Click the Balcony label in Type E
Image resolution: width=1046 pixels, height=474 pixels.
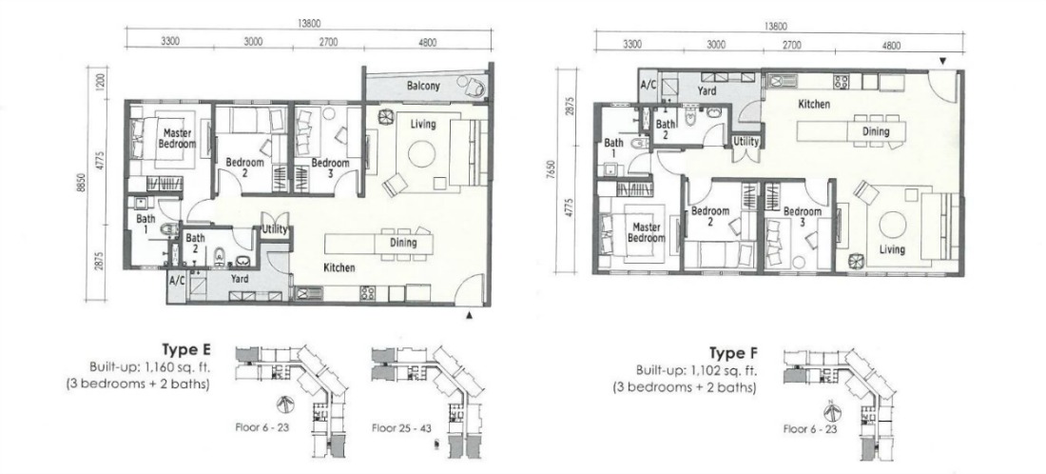[x=423, y=86]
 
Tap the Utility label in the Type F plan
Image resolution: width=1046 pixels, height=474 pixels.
[x=746, y=142]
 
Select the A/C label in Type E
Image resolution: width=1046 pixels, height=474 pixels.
[x=177, y=281]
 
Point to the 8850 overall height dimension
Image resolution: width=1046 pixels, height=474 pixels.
[x=81, y=183]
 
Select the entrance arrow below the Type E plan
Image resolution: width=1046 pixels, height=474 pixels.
[x=470, y=315]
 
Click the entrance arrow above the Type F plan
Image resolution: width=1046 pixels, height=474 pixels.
[x=942, y=62]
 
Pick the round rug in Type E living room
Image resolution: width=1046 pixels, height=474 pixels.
[x=421, y=153]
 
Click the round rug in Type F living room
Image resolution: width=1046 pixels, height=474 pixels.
[x=893, y=225]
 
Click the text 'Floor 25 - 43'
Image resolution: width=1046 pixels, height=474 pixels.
[x=401, y=427]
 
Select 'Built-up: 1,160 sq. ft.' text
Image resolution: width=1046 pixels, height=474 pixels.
[x=150, y=367]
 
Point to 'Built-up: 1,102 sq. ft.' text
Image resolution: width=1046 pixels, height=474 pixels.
[x=696, y=371]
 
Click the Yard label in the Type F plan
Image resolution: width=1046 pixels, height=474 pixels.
[x=707, y=90]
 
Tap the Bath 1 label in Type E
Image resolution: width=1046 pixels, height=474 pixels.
[x=145, y=224]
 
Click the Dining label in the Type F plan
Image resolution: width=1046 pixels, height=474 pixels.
[x=876, y=131]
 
